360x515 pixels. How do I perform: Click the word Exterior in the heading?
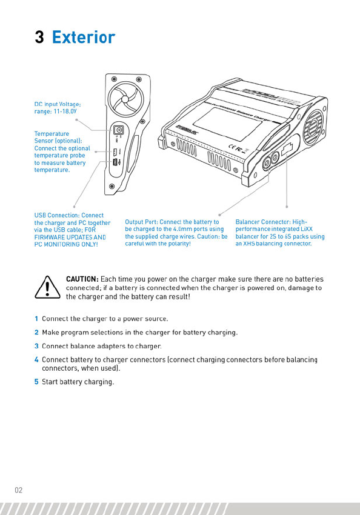(x=84, y=37)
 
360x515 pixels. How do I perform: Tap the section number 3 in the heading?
(x=39, y=37)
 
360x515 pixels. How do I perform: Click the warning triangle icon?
(x=48, y=287)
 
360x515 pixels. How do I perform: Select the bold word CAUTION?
(x=82, y=279)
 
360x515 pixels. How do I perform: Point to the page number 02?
(x=18, y=490)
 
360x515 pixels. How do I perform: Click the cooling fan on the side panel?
(x=125, y=99)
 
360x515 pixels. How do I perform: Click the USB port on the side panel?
(x=115, y=162)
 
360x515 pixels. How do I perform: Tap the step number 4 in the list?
(x=36, y=360)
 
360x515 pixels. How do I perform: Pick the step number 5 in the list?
(x=36, y=382)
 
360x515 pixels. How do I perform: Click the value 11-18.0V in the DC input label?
(x=65, y=111)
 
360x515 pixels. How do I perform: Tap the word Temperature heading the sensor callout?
(x=52, y=134)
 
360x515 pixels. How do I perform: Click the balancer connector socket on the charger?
(x=287, y=149)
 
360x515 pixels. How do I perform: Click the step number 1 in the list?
(x=36, y=319)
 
